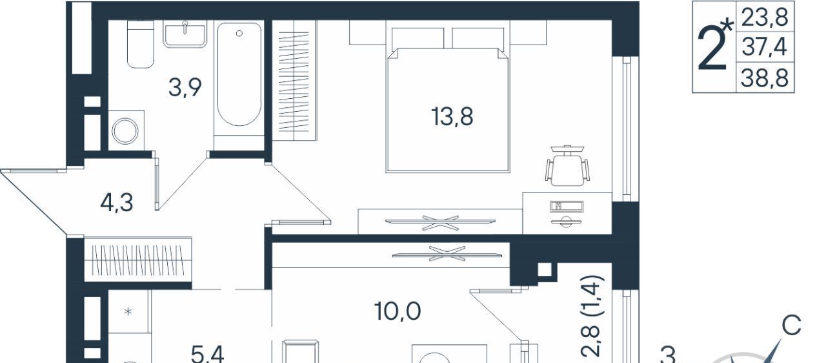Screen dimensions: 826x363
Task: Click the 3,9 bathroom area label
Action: pos(185,88)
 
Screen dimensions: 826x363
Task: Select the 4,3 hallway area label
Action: pos(117,203)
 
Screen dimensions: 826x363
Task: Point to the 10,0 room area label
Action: pos(398,311)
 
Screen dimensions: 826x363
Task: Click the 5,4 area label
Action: pos(208,355)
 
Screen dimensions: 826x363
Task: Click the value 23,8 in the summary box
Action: pos(765,17)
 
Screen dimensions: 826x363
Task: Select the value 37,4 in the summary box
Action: pos(765,47)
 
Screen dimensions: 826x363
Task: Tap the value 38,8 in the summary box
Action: pos(765,78)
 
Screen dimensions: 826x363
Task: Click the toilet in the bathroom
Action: pos(140,44)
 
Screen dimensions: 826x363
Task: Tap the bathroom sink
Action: pos(185,34)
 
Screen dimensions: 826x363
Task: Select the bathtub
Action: pos(239,74)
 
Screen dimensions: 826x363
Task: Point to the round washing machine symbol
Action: pos(125,131)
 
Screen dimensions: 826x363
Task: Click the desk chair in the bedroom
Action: pos(567,165)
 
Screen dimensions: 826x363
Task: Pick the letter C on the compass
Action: pos(792,326)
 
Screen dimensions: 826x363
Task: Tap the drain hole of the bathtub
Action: pos(239,34)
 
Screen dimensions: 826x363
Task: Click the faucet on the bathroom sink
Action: pos(185,26)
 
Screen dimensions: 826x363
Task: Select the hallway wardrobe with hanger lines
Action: pos(138,259)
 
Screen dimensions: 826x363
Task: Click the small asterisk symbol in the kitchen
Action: pos(128,312)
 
